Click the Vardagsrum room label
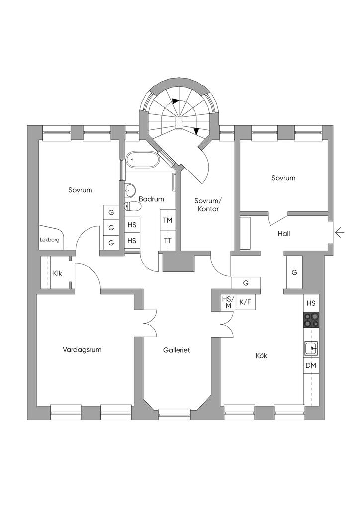(x=82, y=350)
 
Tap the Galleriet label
(x=177, y=350)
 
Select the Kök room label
(x=262, y=356)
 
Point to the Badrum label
(x=151, y=199)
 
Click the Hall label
(x=284, y=233)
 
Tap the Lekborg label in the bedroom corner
(x=50, y=240)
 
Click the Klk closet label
(x=57, y=272)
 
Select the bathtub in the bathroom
(x=142, y=161)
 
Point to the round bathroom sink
(x=130, y=189)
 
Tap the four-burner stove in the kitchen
(x=311, y=319)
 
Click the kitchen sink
(x=311, y=349)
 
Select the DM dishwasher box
(x=311, y=366)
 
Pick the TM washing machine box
(x=167, y=220)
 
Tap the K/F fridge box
(x=245, y=302)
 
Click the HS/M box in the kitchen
(x=227, y=302)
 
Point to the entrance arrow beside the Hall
(x=340, y=232)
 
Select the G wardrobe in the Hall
(x=294, y=272)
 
